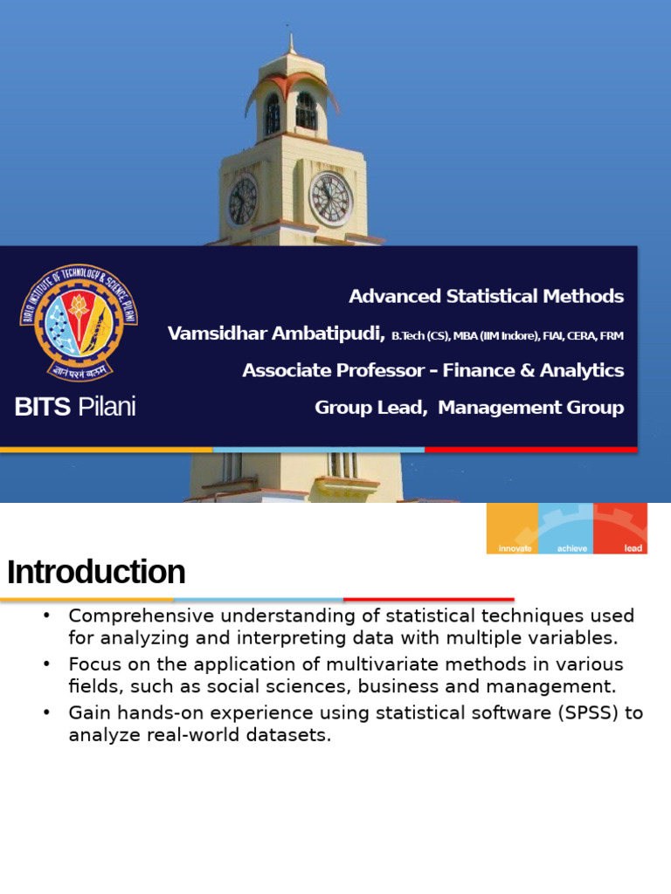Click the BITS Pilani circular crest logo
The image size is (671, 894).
coord(79,323)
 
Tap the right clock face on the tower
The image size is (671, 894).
coord(331,199)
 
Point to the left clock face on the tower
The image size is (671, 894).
coord(243,201)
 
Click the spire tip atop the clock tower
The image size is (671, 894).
coord(291,35)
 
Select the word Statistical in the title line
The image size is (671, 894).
coord(492,297)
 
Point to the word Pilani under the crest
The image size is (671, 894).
coord(107,407)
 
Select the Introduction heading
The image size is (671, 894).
coord(96,572)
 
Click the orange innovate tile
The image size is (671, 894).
coord(512,528)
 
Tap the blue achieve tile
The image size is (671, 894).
coord(566,528)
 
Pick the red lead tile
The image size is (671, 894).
coord(620,528)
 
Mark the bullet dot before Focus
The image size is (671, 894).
coord(47,664)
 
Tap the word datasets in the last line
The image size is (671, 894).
coord(288,735)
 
